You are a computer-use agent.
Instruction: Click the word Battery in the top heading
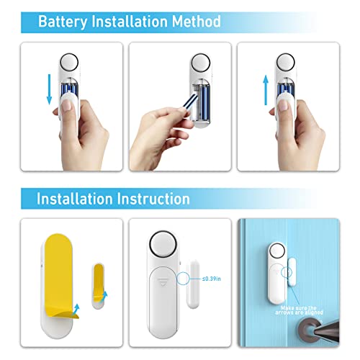click(61, 22)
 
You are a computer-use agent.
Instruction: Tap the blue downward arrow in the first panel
click(48, 87)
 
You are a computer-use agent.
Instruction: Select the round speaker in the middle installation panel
click(163, 246)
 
